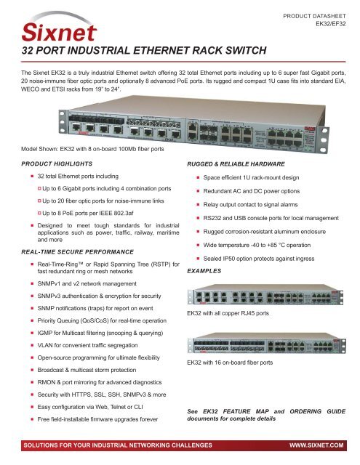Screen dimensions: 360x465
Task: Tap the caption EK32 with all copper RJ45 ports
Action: (x=237, y=314)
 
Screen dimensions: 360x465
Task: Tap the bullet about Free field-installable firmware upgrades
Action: (x=104, y=422)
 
